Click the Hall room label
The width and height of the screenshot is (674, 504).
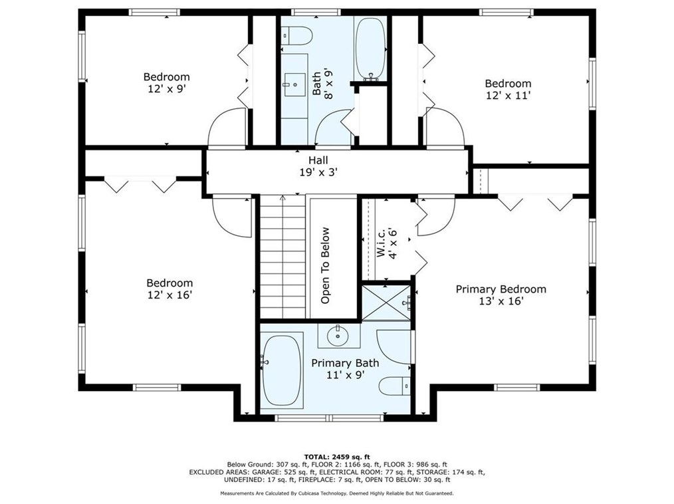coord(318,160)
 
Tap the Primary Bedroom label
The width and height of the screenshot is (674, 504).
coord(501,289)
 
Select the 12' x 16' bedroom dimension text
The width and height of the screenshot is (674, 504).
coord(169,295)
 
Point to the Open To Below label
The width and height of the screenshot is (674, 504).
coord(326,265)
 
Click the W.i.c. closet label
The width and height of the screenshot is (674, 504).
coord(382,243)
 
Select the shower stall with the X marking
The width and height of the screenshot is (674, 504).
coord(386,303)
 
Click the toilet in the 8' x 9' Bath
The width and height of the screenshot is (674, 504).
coord(296,36)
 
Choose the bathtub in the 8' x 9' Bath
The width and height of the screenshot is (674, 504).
coord(370,49)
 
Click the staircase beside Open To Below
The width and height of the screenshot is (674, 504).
coord(282,257)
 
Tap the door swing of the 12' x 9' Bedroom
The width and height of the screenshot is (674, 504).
coord(227,127)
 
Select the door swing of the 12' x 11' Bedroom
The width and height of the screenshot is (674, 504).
coord(445,127)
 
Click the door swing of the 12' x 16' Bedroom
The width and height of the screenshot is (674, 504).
coord(232,216)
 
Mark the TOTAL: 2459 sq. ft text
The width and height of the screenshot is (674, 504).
coord(337,457)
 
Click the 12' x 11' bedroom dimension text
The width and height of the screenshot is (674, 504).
coord(508,95)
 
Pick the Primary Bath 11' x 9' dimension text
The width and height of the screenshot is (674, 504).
coord(346,374)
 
